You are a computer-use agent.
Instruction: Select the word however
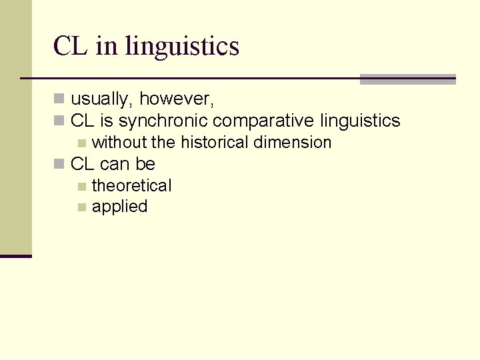coord(177,100)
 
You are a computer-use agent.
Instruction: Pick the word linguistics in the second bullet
coord(360,121)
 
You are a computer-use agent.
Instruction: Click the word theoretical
coord(131,185)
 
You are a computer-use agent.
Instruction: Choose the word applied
coord(120,207)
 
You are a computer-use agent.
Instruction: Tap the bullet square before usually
coord(59,100)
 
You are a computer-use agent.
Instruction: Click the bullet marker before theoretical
coord(81,186)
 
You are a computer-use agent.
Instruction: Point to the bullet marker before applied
coord(81,207)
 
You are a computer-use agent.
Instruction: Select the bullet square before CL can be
coord(59,164)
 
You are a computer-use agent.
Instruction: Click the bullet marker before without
coord(81,143)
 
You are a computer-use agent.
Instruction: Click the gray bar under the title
coord(407,79)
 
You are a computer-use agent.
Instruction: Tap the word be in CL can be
coord(145,164)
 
